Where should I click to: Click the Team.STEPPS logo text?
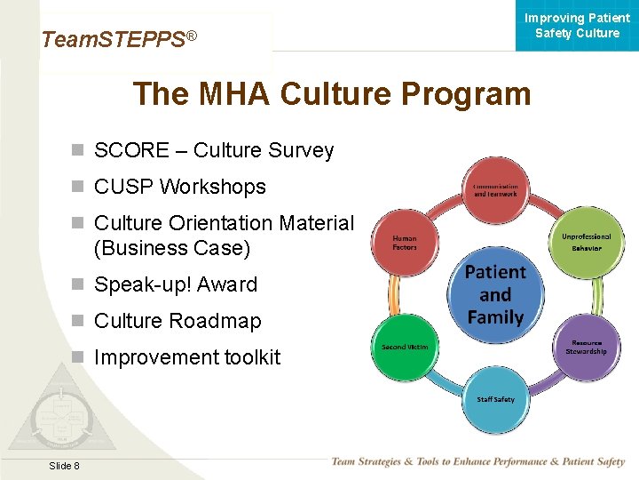click(x=118, y=39)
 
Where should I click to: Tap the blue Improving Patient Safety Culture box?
click(x=577, y=26)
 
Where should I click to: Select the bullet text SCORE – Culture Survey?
click(x=213, y=150)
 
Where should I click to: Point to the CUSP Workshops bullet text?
click(x=179, y=187)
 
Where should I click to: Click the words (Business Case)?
click(x=172, y=248)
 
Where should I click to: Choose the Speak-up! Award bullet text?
click(x=175, y=284)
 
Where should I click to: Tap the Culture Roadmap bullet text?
click(x=177, y=321)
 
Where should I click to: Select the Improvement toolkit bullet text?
click(x=186, y=357)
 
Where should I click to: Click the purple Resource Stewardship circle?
click(x=586, y=347)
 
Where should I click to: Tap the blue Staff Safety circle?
click(x=495, y=399)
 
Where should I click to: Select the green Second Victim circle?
click(x=405, y=347)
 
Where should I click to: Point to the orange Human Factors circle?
click(x=405, y=242)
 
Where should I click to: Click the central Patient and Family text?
click(x=495, y=294)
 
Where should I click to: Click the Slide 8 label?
click(x=64, y=466)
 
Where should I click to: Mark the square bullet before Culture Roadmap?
click(x=78, y=321)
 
